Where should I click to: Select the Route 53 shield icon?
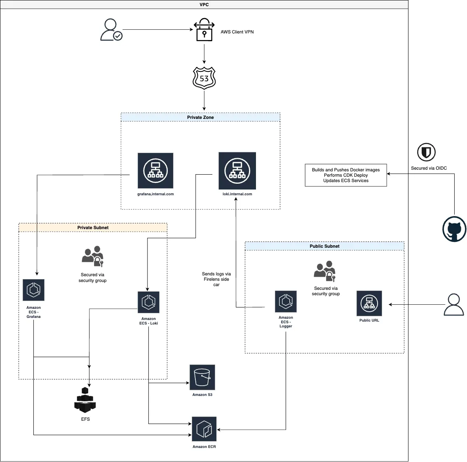coord(204,78)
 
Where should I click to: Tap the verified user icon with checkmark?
coord(111,30)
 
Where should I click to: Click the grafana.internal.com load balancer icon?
coord(155,171)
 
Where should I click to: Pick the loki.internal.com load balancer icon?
coord(237,171)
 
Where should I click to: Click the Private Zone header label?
coord(200,117)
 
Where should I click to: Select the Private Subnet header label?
coord(93,227)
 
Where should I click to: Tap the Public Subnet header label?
coord(324,246)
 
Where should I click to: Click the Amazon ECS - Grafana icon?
coord(33,290)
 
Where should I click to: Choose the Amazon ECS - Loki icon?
coord(148,302)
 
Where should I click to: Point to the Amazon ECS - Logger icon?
coord(286,301)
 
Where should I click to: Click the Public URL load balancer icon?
coord(369,303)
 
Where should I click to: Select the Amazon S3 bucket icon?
coord(202,377)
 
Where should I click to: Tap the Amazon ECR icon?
coord(204,429)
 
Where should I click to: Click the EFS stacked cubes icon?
coord(85,400)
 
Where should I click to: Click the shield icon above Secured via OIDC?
coord(426,152)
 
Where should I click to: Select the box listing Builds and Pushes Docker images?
coord(346,175)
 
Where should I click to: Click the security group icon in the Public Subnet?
coord(325,270)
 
